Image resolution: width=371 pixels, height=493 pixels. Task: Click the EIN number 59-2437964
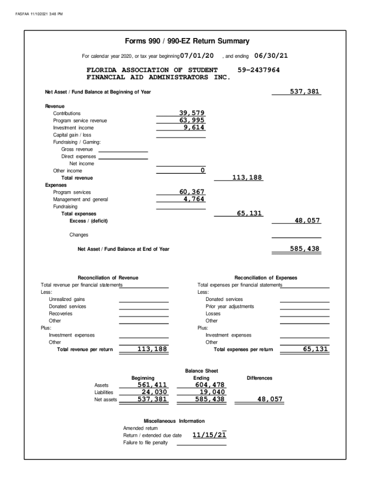[x=259, y=70]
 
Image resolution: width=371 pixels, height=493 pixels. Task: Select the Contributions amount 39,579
[x=192, y=113]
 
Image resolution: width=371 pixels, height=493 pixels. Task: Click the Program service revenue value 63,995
[x=192, y=120]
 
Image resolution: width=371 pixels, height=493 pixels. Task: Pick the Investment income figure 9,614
[x=194, y=128]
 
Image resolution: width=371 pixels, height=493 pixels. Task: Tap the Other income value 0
[x=202, y=170]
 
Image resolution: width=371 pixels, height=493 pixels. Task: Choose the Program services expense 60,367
[x=192, y=192]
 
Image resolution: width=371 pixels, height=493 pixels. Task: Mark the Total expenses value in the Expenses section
[x=250, y=213]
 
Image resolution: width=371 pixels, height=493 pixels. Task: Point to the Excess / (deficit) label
[x=89, y=221]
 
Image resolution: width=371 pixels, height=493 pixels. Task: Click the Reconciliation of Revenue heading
[x=108, y=278]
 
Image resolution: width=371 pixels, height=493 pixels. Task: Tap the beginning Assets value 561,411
[x=152, y=385]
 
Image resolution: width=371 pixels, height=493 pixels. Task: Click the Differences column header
[x=259, y=378]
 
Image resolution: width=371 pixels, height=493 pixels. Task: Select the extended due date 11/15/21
[x=209, y=435]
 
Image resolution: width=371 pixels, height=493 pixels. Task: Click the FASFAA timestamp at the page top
[x=39, y=13]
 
